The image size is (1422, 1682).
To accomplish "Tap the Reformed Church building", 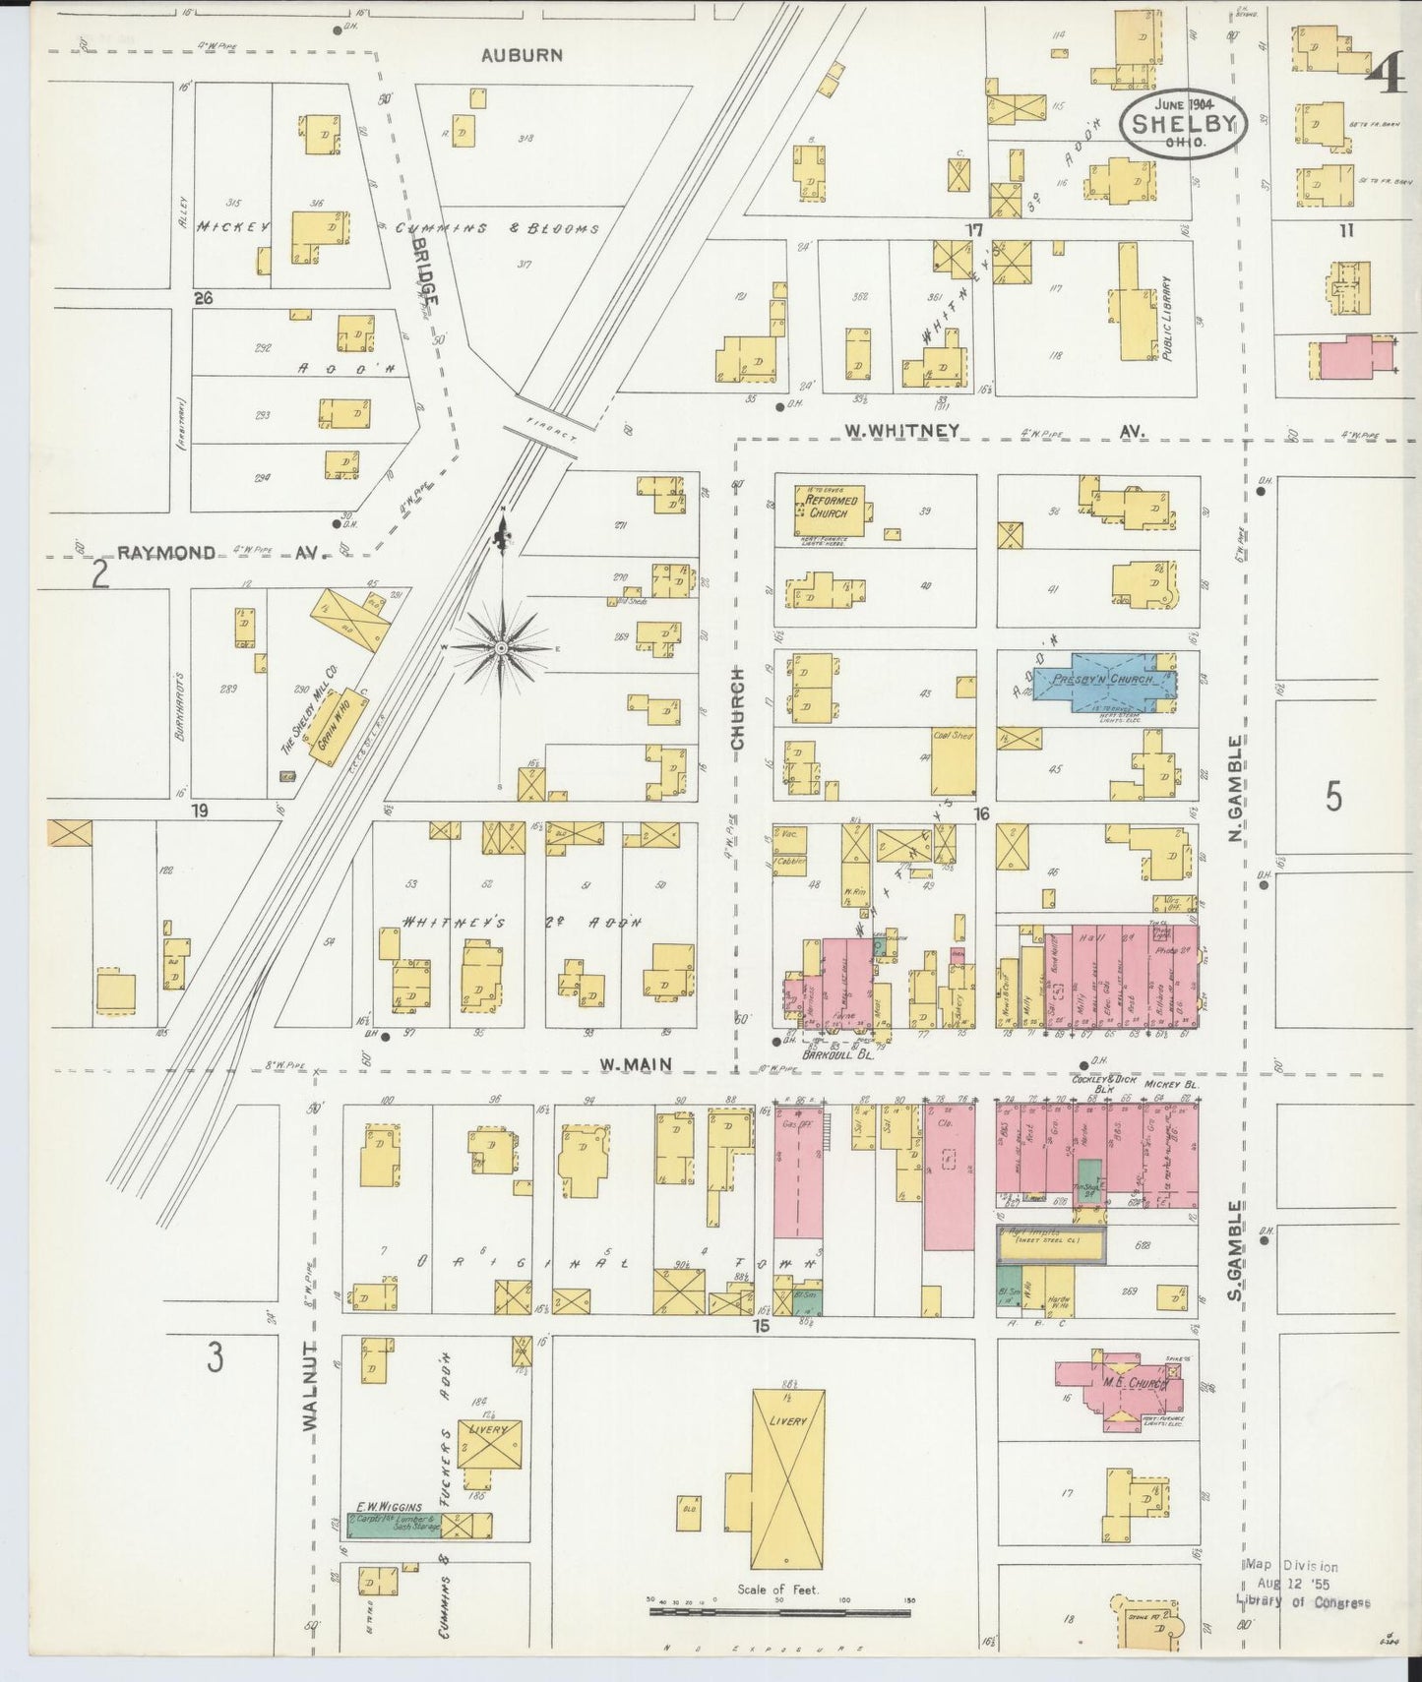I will click(x=831, y=508).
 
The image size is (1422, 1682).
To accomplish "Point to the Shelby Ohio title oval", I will click(x=1183, y=123).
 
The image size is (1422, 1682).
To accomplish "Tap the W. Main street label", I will click(x=635, y=1063).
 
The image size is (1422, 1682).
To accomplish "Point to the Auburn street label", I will click(x=522, y=56).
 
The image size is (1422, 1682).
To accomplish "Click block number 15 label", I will click(x=760, y=1327).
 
